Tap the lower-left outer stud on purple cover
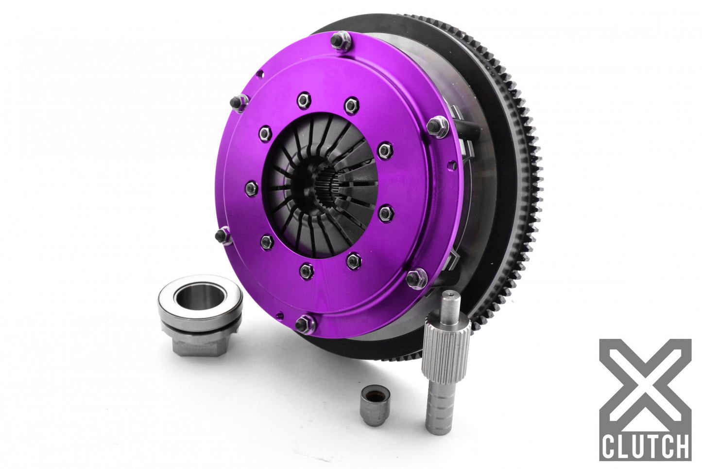[223, 236]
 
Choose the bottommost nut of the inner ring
[306, 270]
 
